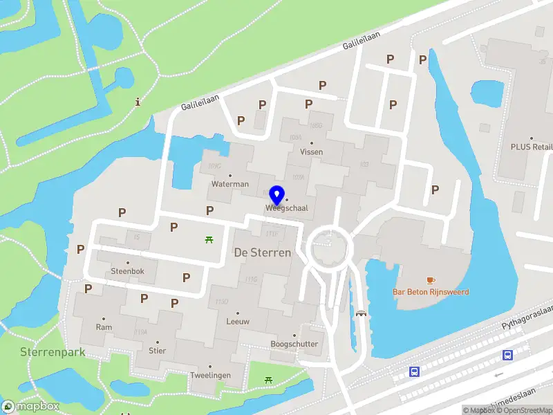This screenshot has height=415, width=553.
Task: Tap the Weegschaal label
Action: pos(286,207)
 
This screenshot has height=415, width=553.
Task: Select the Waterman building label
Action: pos(230,184)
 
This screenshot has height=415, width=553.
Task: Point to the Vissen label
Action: pos(312,151)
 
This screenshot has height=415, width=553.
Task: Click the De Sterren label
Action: pos(262,252)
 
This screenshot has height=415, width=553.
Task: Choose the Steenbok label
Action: pos(128,271)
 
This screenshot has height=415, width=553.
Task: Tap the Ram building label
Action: pos(104,327)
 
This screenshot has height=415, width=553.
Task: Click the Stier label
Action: pos(157,350)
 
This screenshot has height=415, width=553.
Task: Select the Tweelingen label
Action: pos(210,375)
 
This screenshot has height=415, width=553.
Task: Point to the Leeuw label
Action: pos(238,322)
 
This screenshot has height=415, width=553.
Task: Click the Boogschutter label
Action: pos(294,344)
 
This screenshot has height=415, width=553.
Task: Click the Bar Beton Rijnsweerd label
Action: pos(431,292)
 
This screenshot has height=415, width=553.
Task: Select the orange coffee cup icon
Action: pos(431,280)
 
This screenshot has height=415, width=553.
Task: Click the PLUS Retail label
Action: pos(531,147)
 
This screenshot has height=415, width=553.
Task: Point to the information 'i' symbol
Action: pos(138,102)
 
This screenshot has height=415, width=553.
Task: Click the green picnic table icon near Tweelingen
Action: pos(268,380)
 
